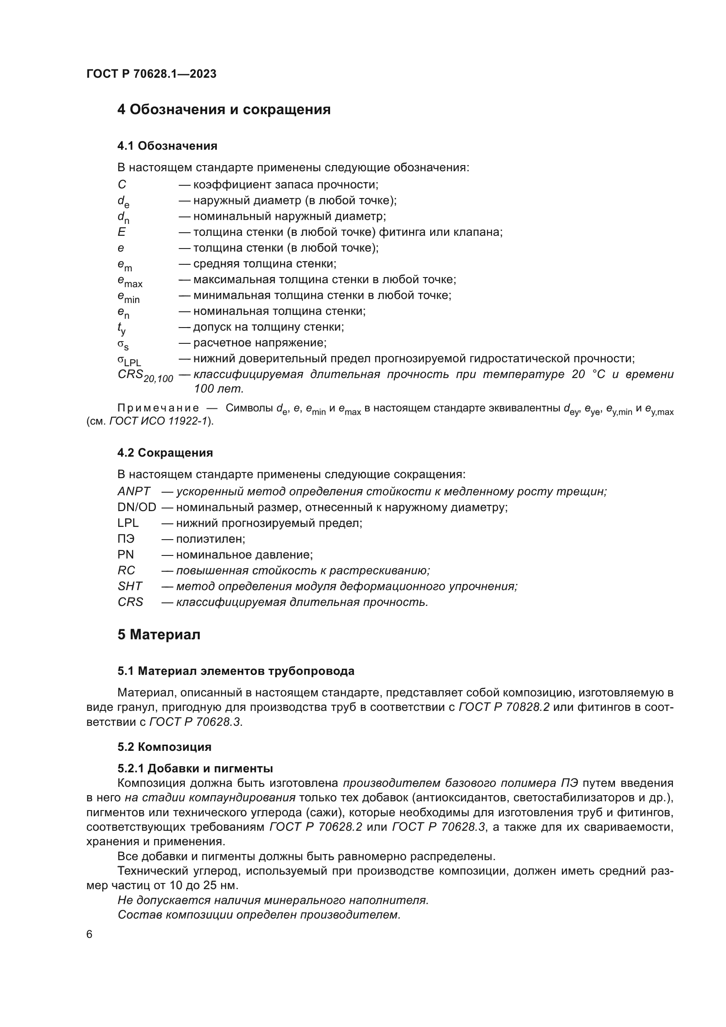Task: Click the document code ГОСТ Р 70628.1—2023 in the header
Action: pyautogui.click(x=151, y=74)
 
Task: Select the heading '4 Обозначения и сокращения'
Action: pyautogui.click(x=223, y=110)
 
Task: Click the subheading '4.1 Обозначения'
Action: pyautogui.click(x=167, y=146)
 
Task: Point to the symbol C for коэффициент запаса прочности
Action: pyautogui.click(x=122, y=184)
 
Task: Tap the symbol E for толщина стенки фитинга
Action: pyautogui.click(x=122, y=232)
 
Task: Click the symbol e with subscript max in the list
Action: pyautogui.click(x=129, y=281)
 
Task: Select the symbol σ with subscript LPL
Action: pyautogui.click(x=129, y=360)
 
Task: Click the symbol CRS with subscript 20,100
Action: pyautogui.click(x=145, y=376)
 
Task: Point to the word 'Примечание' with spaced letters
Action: pyautogui.click(x=158, y=408)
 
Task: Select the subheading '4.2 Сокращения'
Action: pyautogui.click(x=165, y=453)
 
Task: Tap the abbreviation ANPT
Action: pyautogui.click(x=134, y=491)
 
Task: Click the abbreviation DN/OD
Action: pyautogui.click(x=137, y=507)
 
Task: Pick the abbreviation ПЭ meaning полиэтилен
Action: pyautogui.click(x=126, y=539)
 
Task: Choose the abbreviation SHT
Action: pyautogui.click(x=129, y=586)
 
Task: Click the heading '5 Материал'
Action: pyautogui.click(x=159, y=635)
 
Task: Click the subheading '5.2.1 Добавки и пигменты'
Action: pyautogui.click(x=195, y=768)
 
